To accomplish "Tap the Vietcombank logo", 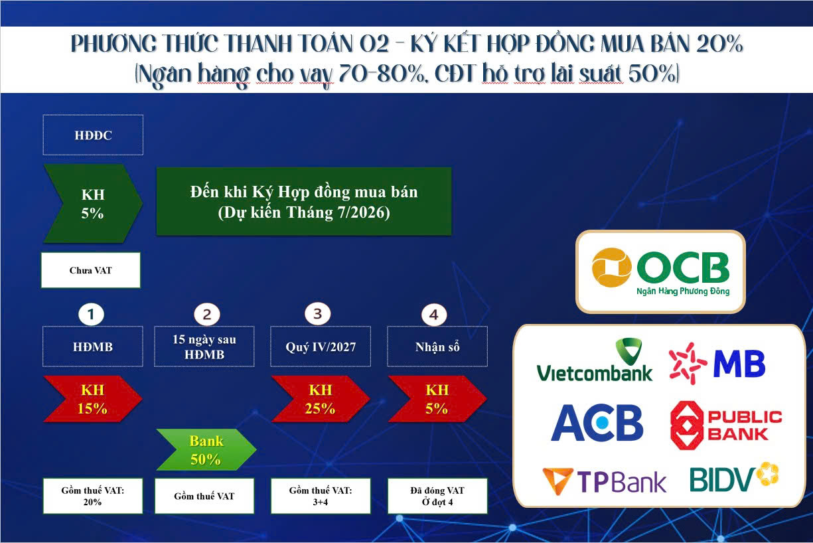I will pos(595,361).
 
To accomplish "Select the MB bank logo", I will pos(716,363).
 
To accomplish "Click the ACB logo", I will pos(597,422).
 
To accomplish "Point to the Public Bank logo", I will pos(725,425).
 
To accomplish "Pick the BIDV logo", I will pos(734,477).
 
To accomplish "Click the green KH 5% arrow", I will pos(92,204).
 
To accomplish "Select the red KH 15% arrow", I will pos(92,398).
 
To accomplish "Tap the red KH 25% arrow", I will pos(320,398).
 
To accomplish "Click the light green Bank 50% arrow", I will pos(206,449).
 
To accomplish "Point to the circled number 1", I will pos(91,314).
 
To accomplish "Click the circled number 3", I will pos(317,314).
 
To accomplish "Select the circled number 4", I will pos(434,315).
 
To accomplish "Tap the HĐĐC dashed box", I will pos(93,135).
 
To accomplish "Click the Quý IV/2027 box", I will pos(320,347).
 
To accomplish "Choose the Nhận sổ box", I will pos(437,347).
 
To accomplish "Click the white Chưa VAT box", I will pos(91,270).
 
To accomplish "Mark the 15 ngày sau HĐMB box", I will pos(204,347).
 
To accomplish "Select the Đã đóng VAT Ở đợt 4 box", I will pos(437,495).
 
